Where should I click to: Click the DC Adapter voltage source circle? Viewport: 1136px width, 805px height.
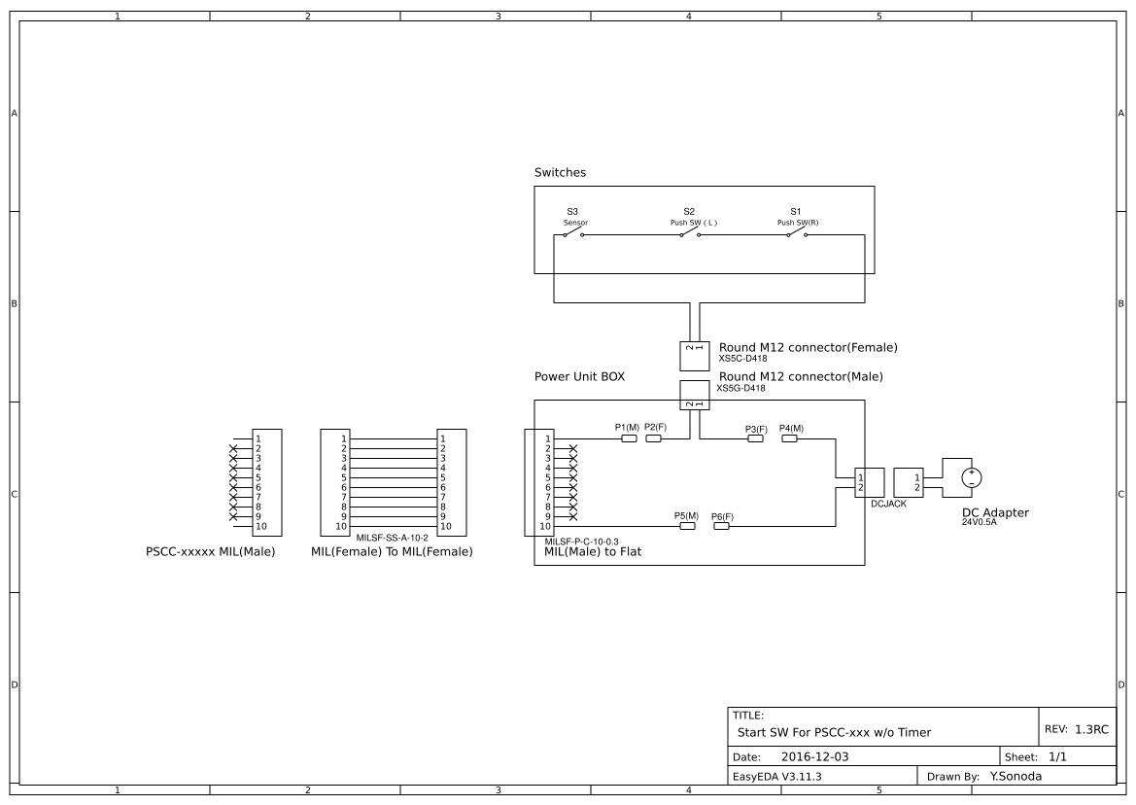pos(970,477)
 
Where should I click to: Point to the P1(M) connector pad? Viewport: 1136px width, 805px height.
pos(629,438)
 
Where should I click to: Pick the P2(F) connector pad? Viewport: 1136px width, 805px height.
pos(654,438)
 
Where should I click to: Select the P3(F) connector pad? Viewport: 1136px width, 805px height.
pos(755,438)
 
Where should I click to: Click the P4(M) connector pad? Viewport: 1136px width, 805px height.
pos(789,438)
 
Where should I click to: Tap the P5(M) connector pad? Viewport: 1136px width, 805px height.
pos(687,526)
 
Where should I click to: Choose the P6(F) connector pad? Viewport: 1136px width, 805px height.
pos(721,526)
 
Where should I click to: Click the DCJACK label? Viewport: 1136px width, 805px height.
pos(888,504)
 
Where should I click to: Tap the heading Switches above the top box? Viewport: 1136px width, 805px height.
pos(560,172)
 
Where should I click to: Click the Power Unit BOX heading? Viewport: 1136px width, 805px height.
pos(579,376)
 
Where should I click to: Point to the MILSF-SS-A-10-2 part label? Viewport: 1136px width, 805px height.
pos(393,537)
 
